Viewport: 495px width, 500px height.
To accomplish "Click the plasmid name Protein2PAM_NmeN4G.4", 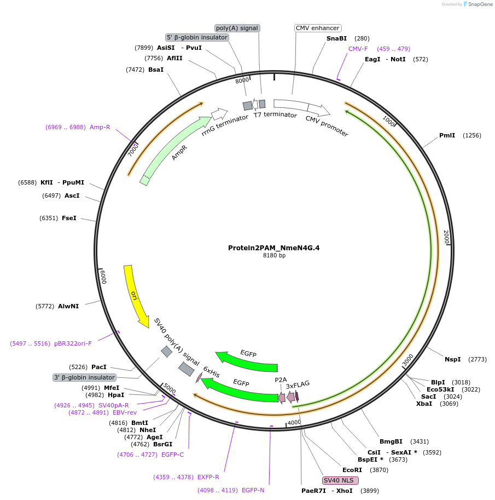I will (x=273, y=248).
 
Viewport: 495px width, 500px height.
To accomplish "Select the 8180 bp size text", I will (x=274, y=255).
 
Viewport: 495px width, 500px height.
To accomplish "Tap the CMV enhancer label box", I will (x=317, y=28).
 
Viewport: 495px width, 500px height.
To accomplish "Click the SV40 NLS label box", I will (x=340, y=480).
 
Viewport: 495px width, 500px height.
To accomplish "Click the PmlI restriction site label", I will (x=447, y=135).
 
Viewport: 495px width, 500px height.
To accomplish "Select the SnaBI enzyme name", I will (x=336, y=38).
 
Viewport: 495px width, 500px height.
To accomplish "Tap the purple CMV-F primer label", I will (x=358, y=49).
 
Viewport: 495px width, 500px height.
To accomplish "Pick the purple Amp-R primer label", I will (x=100, y=127).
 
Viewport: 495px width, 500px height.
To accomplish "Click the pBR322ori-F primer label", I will (x=73, y=343).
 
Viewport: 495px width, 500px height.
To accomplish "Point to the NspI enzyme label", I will (x=452, y=359).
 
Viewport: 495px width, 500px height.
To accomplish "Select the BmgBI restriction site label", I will (x=391, y=441).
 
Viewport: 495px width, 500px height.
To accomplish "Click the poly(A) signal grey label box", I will (x=237, y=28).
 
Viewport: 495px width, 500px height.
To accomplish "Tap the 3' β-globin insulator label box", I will (x=84, y=377).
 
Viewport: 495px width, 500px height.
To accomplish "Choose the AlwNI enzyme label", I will (x=68, y=306).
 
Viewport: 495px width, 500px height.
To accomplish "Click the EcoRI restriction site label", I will (x=352, y=470).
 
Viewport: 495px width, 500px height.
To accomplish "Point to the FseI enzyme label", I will (x=69, y=218).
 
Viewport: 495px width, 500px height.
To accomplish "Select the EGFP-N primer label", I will (x=253, y=490).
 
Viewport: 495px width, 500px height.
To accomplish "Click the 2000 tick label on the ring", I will (x=446, y=238).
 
